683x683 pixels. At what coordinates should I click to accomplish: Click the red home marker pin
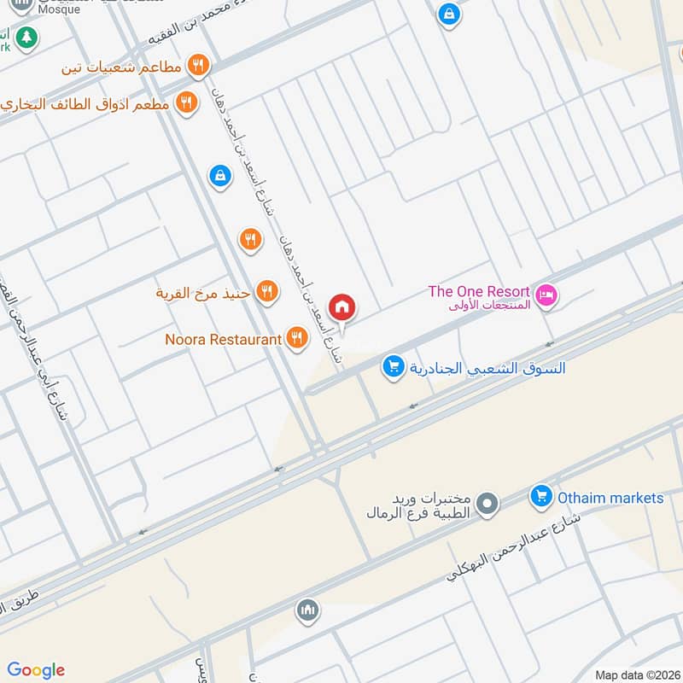[342, 307]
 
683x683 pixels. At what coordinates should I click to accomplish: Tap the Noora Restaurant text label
[223, 340]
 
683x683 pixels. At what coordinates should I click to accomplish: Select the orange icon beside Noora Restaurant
[297, 338]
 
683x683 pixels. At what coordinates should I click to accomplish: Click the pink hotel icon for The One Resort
[546, 296]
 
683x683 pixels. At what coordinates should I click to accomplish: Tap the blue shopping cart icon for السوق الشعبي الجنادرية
[393, 366]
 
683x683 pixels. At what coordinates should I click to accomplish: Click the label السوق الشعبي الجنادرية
[487, 369]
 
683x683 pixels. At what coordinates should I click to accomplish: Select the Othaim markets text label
[610, 498]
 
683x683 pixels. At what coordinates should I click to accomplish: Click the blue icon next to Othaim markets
[540, 495]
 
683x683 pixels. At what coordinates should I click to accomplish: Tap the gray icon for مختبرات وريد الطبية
[487, 505]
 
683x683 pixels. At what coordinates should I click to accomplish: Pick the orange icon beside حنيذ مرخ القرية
[267, 293]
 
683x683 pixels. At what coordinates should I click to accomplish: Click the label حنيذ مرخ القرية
[202, 294]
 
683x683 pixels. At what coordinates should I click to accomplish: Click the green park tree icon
[27, 37]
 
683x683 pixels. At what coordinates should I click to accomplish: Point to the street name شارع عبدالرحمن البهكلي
[512, 547]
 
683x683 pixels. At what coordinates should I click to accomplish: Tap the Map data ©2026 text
[636, 674]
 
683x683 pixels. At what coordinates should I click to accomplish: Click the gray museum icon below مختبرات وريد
[307, 611]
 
